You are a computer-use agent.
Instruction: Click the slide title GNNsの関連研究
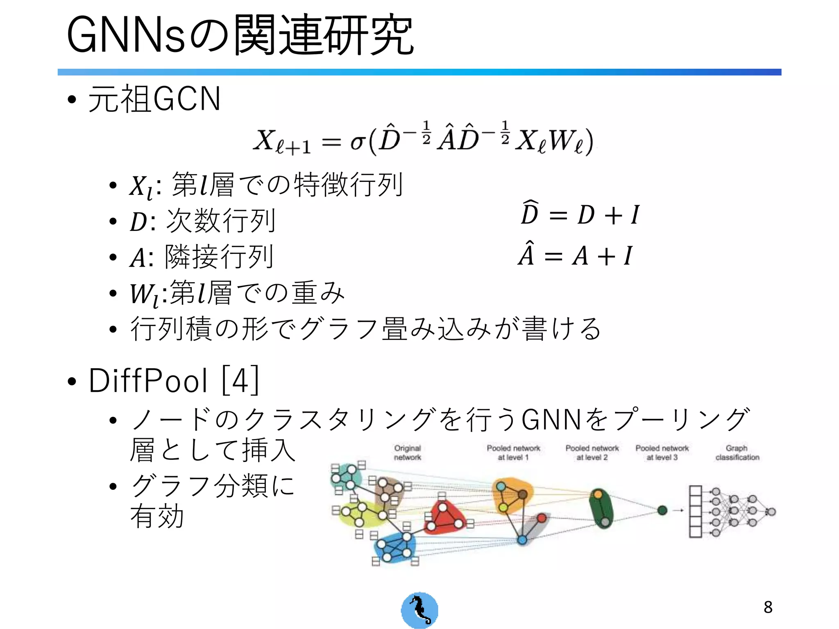point(240,36)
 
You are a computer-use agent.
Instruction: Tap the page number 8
point(768,607)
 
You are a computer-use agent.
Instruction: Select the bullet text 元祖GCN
point(154,99)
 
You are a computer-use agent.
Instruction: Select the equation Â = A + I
point(575,256)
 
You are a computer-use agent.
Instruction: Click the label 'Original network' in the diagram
point(407,453)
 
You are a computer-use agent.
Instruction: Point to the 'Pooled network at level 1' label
point(513,453)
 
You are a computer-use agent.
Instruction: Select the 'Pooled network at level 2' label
point(592,453)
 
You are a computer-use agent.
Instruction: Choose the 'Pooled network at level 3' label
point(662,453)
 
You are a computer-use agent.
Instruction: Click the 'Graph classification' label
point(737,453)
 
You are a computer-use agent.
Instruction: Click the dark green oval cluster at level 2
point(601,508)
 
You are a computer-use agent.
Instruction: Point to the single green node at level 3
point(662,510)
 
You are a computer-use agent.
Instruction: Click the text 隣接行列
point(219,257)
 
